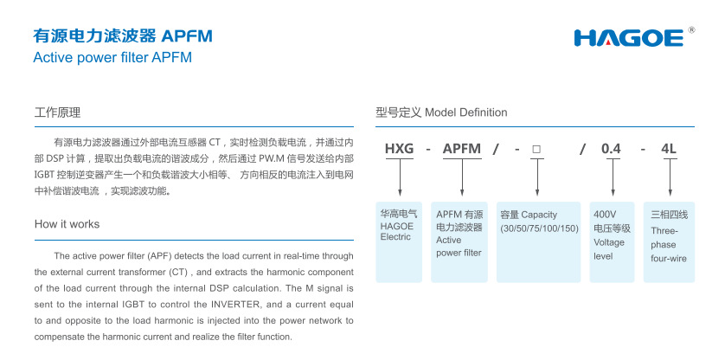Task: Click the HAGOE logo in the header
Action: [629, 38]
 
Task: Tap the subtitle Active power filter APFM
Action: [112, 58]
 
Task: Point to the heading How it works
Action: [67, 224]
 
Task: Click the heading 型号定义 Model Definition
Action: [441, 112]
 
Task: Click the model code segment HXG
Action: [399, 149]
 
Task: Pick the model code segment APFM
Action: [461, 149]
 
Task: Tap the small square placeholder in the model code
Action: [536, 149]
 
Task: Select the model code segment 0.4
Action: [612, 149]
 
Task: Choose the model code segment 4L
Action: [669, 149]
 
